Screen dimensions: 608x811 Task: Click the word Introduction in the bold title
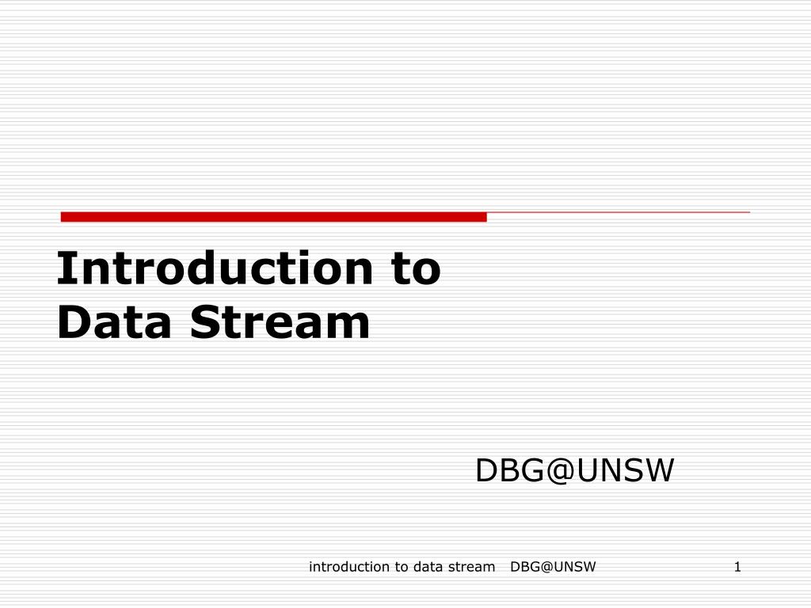tap(214, 268)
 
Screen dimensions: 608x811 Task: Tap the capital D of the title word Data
tap(72, 323)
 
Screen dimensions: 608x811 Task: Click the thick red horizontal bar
tap(273, 217)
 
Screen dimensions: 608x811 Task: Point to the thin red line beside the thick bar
tap(618, 213)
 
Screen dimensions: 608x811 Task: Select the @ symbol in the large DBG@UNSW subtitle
tap(559, 471)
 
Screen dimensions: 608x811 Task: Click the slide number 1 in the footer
tap(737, 566)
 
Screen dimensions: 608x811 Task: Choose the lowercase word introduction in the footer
tap(348, 566)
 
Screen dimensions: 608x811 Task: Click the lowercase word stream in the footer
tap(470, 566)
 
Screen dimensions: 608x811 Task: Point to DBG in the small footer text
tap(524, 566)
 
